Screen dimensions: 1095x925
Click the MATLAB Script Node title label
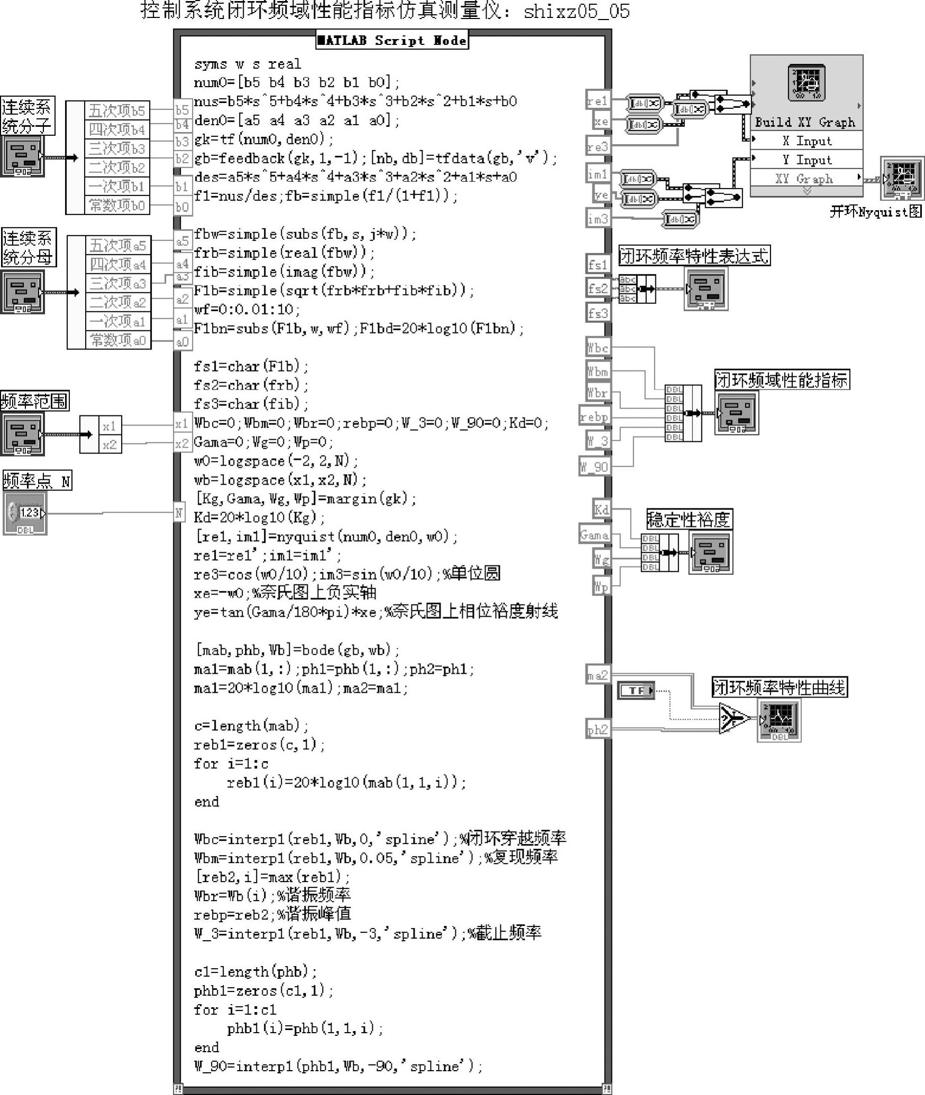[x=392, y=41]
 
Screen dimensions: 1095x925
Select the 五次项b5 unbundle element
[x=117, y=110]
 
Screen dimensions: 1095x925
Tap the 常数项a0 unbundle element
[x=118, y=340]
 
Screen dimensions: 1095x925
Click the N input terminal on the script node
[x=179, y=512]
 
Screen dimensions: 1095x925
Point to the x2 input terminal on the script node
[x=181, y=443]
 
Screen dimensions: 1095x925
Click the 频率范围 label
[x=35, y=401]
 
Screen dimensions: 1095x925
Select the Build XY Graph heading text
[x=804, y=123]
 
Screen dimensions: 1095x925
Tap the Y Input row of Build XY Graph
[x=807, y=160]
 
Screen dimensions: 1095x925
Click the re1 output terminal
[x=598, y=100]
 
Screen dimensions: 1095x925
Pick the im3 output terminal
[x=598, y=218]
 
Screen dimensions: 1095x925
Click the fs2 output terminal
[x=598, y=289]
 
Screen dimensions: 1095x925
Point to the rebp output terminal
[x=594, y=416]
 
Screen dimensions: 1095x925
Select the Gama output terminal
[x=594, y=535]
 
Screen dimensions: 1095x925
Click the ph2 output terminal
[x=598, y=729]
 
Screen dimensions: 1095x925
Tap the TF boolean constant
[x=636, y=690]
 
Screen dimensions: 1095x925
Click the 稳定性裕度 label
[x=689, y=519]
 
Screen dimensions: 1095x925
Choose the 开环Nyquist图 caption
[x=875, y=212]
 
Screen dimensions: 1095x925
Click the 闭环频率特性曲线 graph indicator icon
[x=779, y=720]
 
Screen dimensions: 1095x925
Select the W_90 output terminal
[x=594, y=467]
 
